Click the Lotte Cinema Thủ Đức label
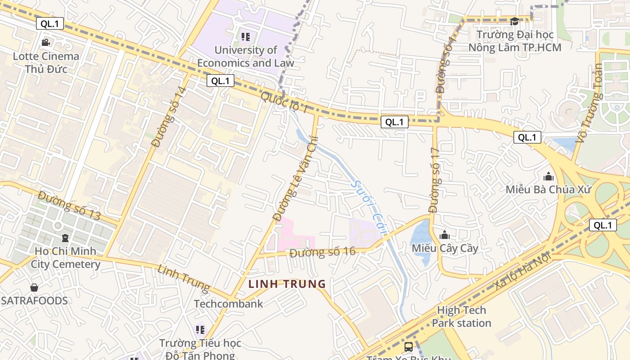coord(46,63)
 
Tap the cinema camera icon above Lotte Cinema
coord(45,43)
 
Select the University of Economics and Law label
coord(245,56)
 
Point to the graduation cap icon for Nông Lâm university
coord(514,21)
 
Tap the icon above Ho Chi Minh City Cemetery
coord(65,237)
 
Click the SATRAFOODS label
coord(34,301)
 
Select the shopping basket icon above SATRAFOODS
coord(34,288)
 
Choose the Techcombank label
coord(228,304)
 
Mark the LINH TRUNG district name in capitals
coord(287,284)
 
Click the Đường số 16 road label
coord(322,252)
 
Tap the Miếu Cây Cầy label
coord(445,248)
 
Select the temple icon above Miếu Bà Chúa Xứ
coord(548,176)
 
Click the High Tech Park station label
coord(461,316)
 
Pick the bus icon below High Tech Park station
coord(408,347)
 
